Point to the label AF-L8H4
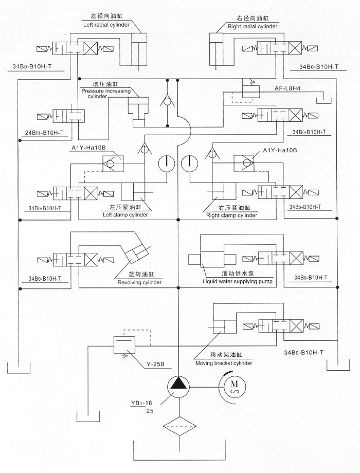click(291, 88)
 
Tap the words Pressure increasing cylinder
click(105, 93)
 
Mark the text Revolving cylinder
click(140, 282)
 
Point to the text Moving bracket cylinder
click(224, 363)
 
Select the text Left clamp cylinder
click(125, 215)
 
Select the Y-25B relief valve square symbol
click(123, 343)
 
